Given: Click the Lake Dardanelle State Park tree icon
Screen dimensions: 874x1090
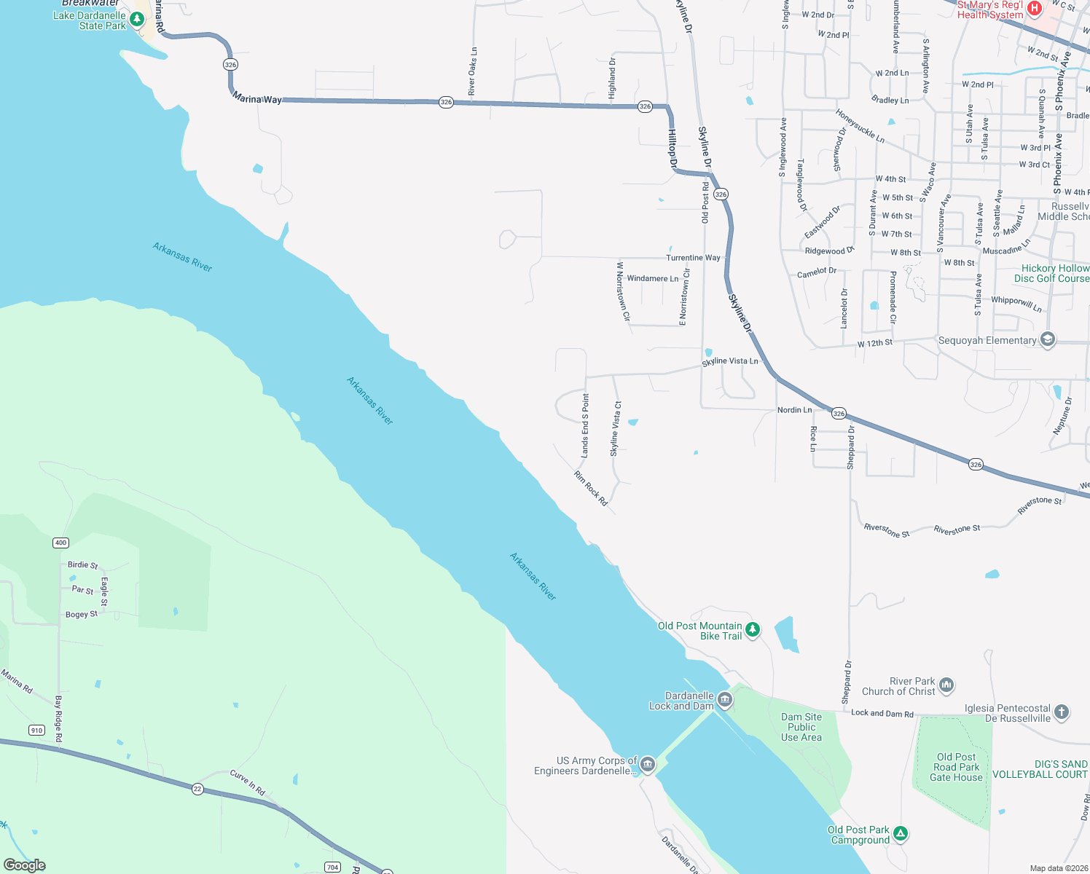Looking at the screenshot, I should click(x=137, y=17).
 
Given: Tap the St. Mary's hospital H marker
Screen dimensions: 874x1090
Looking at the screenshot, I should click(x=1034, y=9).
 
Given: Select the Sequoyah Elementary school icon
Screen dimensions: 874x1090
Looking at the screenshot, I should click(x=1048, y=340).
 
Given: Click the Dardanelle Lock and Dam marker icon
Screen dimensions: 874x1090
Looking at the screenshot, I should click(x=724, y=701).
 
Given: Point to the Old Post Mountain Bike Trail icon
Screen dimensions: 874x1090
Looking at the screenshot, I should click(x=753, y=630).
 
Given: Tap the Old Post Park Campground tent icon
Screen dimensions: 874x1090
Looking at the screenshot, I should click(x=901, y=834).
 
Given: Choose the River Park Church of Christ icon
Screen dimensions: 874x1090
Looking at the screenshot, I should click(x=946, y=685).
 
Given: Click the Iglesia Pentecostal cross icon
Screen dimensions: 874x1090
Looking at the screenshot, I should click(x=1062, y=712).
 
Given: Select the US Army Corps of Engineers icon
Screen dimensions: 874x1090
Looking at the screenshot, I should click(x=647, y=765).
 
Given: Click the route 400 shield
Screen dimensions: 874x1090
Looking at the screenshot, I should click(x=60, y=543).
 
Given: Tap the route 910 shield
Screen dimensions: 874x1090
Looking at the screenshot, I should click(x=36, y=730).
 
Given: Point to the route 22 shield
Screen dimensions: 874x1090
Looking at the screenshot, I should click(x=197, y=789).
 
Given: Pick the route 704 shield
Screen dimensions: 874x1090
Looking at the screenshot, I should click(x=332, y=867).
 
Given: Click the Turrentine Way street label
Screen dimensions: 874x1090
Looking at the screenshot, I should click(x=693, y=258).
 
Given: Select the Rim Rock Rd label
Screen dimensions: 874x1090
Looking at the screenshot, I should click(x=590, y=489).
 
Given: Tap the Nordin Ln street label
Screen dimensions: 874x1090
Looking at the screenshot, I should click(x=794, y=410).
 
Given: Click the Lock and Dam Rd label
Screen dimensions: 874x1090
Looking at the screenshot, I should click(x=882, y=714).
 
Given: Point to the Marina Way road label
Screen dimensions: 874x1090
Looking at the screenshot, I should click(x=257, y=99).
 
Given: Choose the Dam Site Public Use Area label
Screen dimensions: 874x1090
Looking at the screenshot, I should click(x=801, y=727).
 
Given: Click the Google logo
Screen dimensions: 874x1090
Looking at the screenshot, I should click(x=25, y=865).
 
